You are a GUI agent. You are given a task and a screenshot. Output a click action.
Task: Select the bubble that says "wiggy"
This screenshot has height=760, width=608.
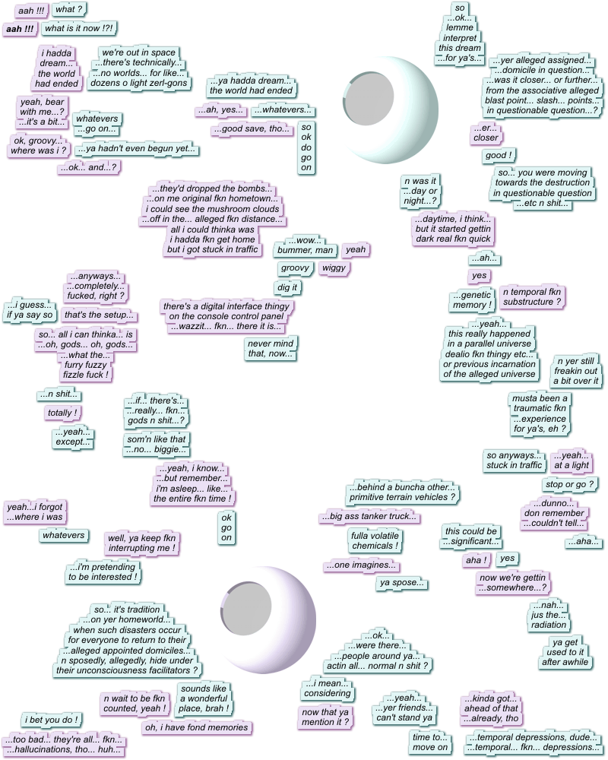point(334,268)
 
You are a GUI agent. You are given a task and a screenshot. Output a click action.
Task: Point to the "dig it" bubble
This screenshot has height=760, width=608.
point(287,287)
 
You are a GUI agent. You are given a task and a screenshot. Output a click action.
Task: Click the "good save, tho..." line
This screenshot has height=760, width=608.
point(252,129)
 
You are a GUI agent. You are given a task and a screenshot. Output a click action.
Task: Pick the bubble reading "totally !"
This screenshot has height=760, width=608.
point(63,413)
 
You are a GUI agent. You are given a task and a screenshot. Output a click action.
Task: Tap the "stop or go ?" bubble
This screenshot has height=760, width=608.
point(569,484)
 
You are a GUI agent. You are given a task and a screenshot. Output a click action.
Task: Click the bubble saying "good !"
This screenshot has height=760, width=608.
point(499,156)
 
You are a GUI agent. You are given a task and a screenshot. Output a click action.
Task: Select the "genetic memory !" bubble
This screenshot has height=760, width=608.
point(471,300)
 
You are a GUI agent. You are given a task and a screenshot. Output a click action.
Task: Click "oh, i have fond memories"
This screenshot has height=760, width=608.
point(196,728)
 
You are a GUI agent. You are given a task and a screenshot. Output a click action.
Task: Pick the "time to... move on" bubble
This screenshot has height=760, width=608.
point(431,743)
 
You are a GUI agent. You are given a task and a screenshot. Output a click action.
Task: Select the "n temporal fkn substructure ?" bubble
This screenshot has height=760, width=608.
point(532,296)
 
